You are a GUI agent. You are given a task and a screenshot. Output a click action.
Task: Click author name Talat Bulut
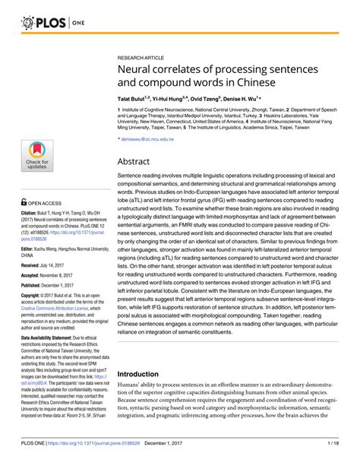point(133,99)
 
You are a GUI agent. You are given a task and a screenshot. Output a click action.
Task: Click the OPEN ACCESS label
point(44,204)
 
